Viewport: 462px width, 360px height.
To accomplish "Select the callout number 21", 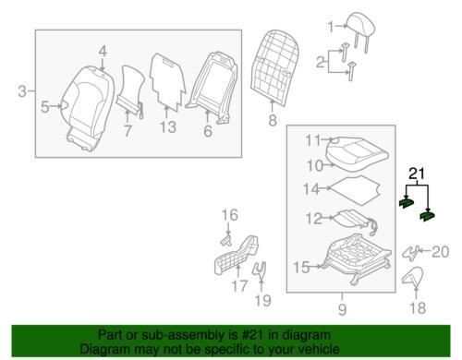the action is click(x=417, y=174).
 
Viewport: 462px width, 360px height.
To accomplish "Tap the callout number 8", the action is click(x=273, y=120).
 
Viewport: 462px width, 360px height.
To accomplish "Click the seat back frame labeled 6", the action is click(x=212, y=88).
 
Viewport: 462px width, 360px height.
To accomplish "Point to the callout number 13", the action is click(x=168, y=126).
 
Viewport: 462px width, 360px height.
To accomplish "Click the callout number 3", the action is click(x=22, y=91).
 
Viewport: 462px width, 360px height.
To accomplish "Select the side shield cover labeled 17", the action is click(x=237, y=255).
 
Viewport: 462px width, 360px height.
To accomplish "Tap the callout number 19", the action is click(x=263, y=300).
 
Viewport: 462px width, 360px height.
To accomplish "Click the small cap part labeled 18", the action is click(x=413, y=277).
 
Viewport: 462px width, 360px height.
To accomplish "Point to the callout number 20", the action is click(x=441, y=252).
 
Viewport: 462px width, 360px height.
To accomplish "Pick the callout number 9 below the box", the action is click(x=342, y=309).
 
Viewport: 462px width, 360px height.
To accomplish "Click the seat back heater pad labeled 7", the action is click(x=130, y=90).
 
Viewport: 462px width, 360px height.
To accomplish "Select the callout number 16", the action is click(x=230, y=215).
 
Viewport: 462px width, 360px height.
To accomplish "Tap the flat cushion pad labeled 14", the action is click(x=356, y=190).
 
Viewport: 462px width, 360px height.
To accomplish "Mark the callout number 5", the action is click(x=45, y=107).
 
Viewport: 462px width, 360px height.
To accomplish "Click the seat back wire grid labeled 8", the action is click(x=274, y=67).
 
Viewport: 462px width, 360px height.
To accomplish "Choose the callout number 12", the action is click(x=313, y=219).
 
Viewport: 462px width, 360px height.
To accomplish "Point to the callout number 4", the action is click(x=103, y=52).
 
